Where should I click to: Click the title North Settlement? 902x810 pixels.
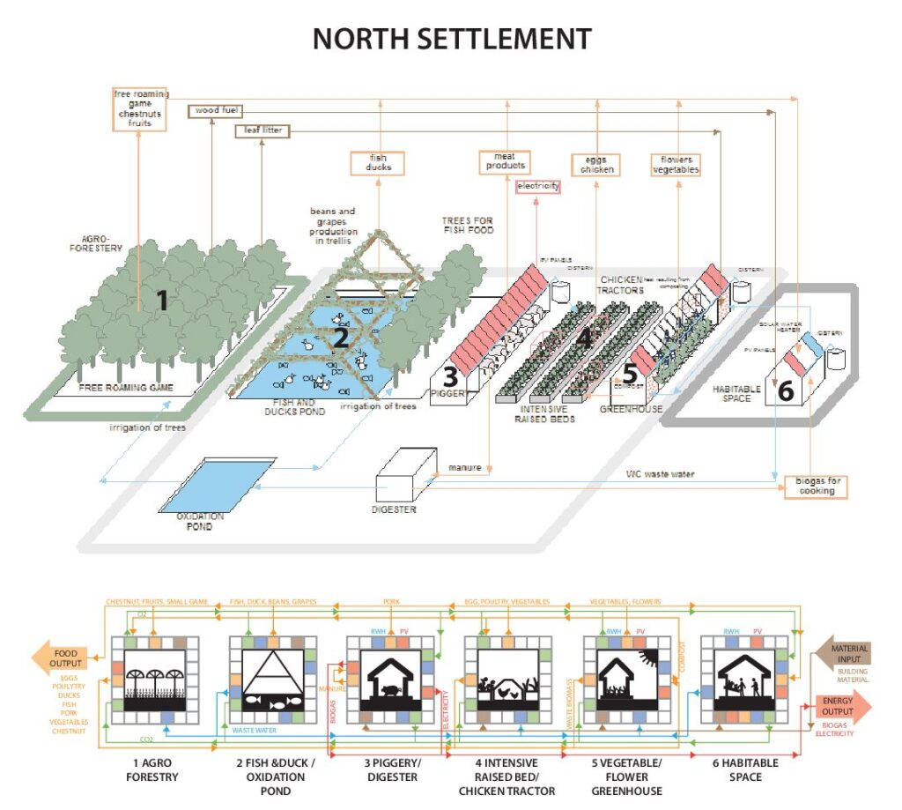451,39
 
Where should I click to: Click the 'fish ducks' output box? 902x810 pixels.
377,162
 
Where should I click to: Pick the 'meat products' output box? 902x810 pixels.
505,160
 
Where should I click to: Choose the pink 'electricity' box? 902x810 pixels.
537,187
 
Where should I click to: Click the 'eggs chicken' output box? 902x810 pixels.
597,164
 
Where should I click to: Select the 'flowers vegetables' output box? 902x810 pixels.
676,164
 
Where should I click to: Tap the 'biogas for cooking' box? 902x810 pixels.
817,486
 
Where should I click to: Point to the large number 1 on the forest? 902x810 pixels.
161,301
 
